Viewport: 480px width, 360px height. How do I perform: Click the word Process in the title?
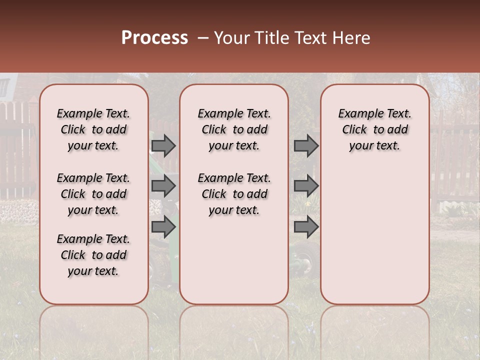(154, 38)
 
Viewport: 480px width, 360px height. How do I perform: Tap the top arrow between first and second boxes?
(163, 145)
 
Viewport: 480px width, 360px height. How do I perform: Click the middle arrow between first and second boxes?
(163, 186)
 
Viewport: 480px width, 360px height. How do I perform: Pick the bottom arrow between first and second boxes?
(163, 227)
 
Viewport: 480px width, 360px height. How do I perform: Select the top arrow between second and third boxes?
(305, 145)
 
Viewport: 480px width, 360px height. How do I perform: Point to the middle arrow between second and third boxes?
(305, 186)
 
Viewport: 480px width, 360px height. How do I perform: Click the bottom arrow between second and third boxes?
(305, 227)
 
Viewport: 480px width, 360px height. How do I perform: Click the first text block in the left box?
(93, 129)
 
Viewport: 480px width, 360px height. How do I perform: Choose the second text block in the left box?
(93, 194)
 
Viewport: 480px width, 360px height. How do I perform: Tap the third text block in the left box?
(93, 255)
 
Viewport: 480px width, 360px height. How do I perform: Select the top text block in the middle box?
(234, 129)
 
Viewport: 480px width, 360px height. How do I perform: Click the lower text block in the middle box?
(234, 194)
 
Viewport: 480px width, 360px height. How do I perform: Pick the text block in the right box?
(374, 129)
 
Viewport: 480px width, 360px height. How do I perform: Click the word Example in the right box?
(359, 114)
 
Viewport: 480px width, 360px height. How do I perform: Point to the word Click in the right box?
(354, 130)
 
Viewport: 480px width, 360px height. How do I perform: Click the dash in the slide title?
(203, 38)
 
